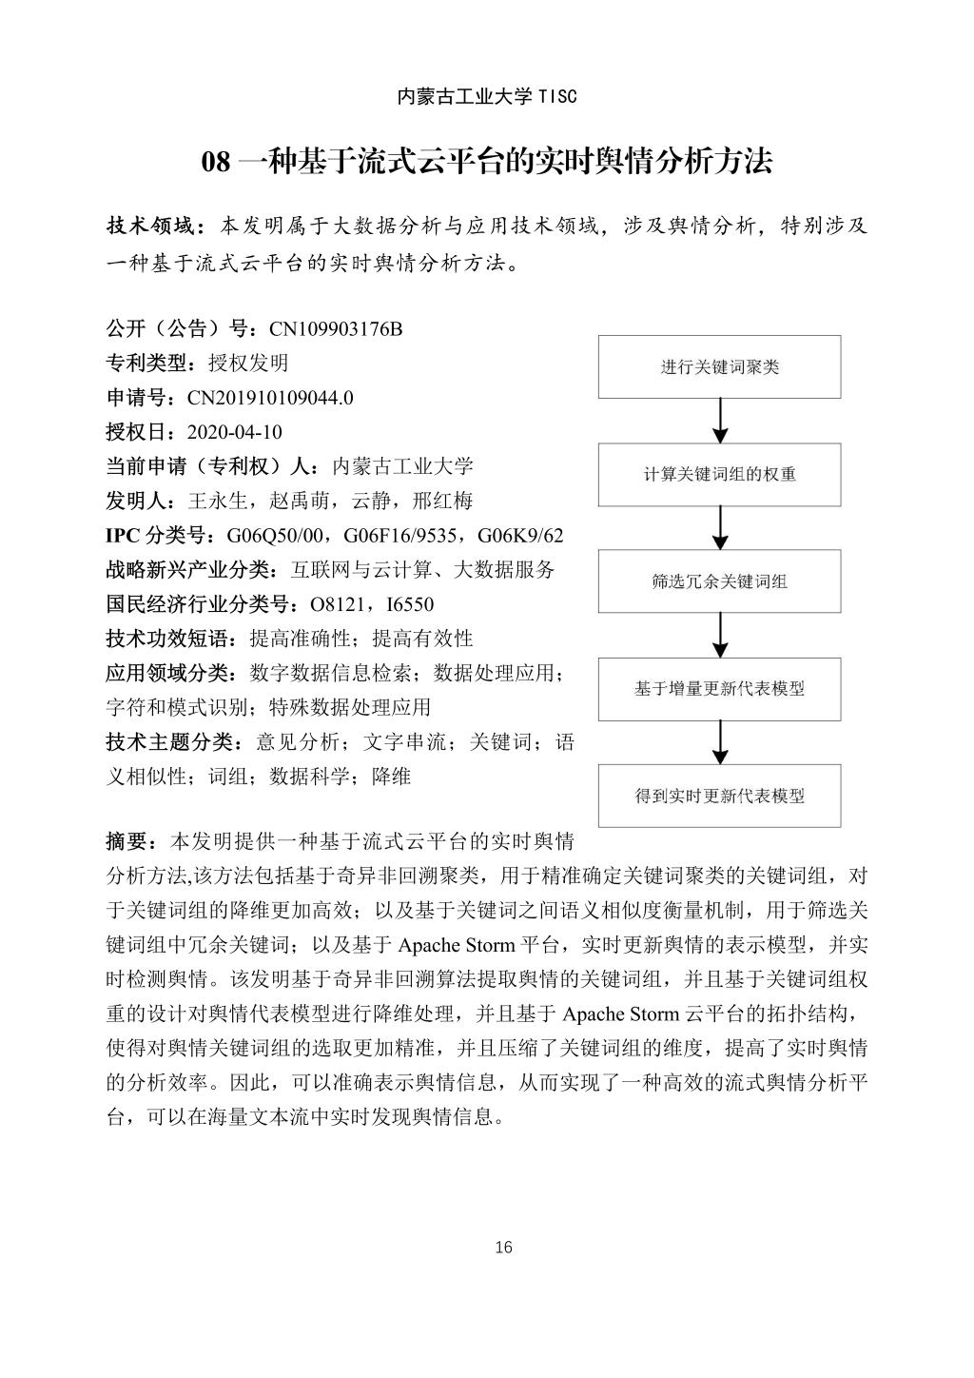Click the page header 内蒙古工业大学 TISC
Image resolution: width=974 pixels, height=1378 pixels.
click(x=486, y=97)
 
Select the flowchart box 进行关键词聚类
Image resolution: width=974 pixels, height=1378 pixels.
click(x=719, y=367)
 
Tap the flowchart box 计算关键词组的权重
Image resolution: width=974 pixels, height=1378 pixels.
click(x=719, y=475)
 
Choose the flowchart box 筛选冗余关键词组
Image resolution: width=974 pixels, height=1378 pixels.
click(x=719, y=581)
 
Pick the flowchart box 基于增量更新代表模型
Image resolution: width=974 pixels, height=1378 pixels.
click(x=719, y=689)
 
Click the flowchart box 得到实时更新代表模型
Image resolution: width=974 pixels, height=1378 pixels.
click(x=719, y=796)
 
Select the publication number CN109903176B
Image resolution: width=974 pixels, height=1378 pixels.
click(x=337, y=329)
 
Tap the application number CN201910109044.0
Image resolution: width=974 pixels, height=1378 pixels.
click(x=270, y=398)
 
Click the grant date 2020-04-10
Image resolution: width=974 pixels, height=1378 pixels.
click(x=235, y=432)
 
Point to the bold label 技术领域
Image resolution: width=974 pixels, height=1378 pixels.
click(x=150, y=226)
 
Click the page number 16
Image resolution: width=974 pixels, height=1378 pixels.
click(x=504, y=1248)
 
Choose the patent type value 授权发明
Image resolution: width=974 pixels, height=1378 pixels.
click(x=247, y=364)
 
